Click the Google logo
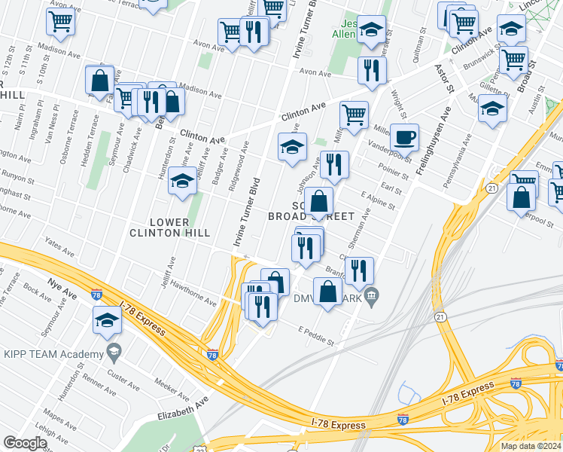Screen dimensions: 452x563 (x=25, y=443)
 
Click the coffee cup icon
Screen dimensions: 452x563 (x=405, y=137)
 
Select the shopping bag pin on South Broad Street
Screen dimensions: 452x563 (x=319, y=202)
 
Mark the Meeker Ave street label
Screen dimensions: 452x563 (x=174, y=389)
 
